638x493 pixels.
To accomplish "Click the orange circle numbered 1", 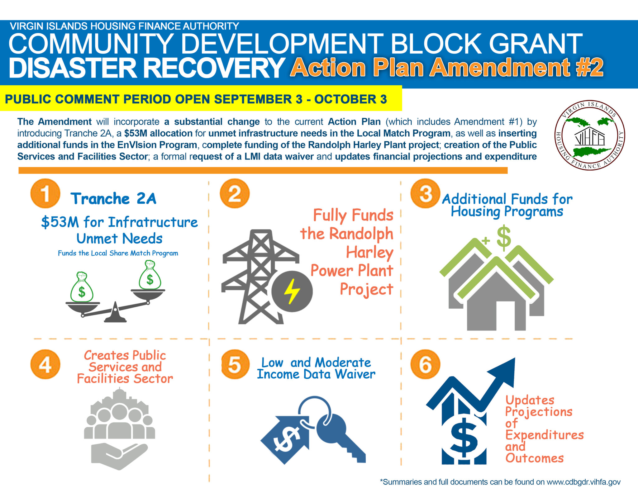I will (x=45, y=193).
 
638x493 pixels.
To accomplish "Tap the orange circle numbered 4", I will (x=45, y=364).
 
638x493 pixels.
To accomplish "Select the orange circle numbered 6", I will (x=425, y=364).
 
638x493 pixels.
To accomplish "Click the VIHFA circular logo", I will (x=589, y=135).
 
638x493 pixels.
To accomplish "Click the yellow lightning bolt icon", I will (x=292, y=291).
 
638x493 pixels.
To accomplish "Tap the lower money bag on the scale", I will (x=82, y=288).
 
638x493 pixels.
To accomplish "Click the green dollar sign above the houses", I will (x=504, y=238).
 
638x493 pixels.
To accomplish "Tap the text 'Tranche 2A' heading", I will (x=113, y=199).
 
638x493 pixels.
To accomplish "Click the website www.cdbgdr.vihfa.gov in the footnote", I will (x=583, y=482).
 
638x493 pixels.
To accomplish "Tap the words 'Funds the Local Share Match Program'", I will (x=118, y=253).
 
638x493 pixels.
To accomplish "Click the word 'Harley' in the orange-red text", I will (x=370, y=252).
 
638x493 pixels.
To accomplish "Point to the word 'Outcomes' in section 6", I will (x=535, y=458).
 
